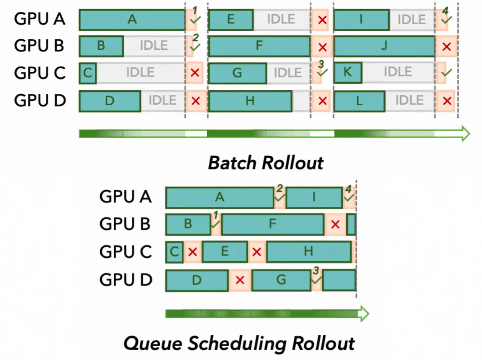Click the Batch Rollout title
tap(266, 162)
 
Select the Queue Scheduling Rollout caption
tap(239, 343)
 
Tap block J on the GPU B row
tap(384, 46)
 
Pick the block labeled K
tap(348, 73)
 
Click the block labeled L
tap(359, 101)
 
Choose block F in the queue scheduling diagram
tap(272, 224)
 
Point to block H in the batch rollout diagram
tap(250, 101)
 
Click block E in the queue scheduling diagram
tap(225, 251)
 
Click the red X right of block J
tap(447, 46)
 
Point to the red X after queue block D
tap(240, 280)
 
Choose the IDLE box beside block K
tap(398, 73)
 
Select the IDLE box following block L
tap(409, 101)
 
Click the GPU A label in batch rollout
tap(40, 19)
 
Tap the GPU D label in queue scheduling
tap(125, 279)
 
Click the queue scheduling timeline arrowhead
tap(363, 314)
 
